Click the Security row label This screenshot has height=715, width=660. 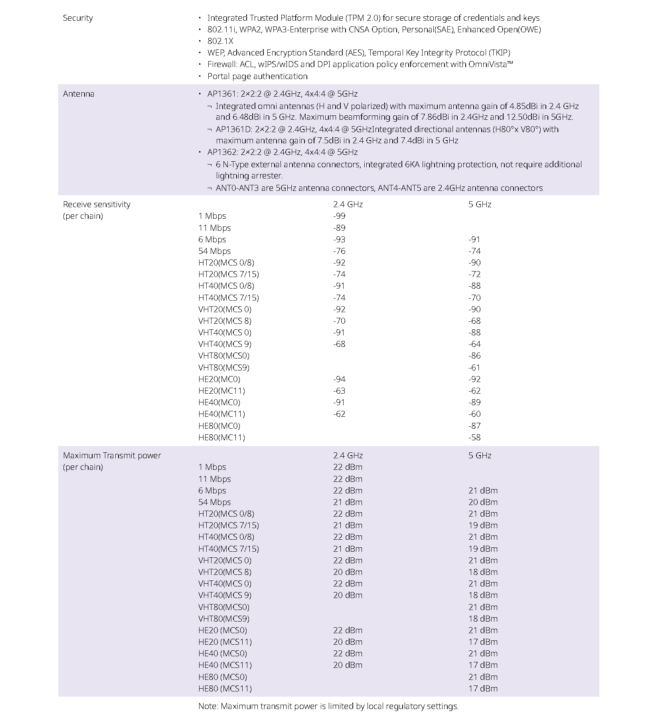pos(78,18)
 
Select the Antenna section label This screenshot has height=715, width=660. pos(79,94)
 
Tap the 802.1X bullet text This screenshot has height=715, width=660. pos(220,41)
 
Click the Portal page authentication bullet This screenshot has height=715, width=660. pos(257,76)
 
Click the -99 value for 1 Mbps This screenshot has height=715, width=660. pos(339,216)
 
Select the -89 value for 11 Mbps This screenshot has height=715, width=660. pos(339,228)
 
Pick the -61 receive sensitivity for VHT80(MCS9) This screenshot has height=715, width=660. pos(474,368)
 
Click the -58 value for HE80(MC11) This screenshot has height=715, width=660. pos(474,438)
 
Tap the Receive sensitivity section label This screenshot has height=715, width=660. pos(97,204)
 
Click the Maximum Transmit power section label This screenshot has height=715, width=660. pos(112,456)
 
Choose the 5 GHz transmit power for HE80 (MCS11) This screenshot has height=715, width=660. pos(483,689)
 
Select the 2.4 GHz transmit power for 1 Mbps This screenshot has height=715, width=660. pos(348,467)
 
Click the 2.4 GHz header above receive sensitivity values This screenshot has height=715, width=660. pos(348,204)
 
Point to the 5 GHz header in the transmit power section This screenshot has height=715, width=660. pos(480,456)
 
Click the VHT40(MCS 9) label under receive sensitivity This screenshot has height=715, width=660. pos(225,344)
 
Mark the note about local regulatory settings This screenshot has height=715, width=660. pos(328,706)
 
